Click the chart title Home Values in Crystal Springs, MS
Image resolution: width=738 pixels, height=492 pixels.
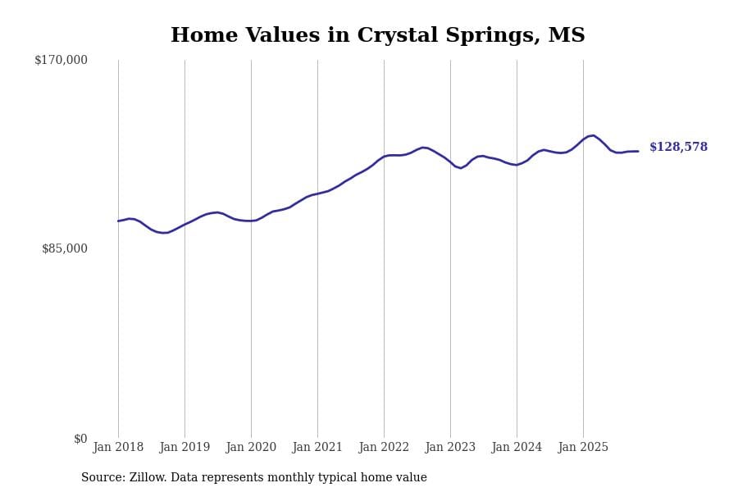(x=377, y=36)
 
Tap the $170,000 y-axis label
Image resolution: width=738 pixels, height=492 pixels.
(x=61, y=60)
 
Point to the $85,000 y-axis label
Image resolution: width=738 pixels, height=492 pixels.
(x=64, y=248)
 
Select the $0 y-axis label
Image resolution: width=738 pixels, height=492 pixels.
(x=80, y=439)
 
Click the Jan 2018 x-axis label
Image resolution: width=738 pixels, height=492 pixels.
(x=118, y=448)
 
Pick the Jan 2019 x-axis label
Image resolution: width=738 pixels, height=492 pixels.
(x=184, y=448)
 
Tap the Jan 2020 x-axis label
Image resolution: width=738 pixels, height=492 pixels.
(x=251, y=448)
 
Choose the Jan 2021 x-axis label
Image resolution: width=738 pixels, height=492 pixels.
(x=317, y=448)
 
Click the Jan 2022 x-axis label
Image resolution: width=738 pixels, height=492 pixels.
(x=384, y=448)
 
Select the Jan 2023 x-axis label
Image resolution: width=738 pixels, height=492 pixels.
(x=450, y=448)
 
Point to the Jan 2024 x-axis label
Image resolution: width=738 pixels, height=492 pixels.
(x=517, y=448)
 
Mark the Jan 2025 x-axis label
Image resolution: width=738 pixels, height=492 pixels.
(x=583, y=448)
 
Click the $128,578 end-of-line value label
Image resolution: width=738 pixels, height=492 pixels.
(x=678, y=148)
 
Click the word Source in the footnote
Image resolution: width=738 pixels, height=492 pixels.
(x=102, y=478)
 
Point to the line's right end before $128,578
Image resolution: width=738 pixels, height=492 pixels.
(x=638, y=152)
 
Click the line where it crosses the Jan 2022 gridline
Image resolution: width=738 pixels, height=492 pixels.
(x=384, y=156)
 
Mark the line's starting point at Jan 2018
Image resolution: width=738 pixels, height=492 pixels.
(x=118, y=221)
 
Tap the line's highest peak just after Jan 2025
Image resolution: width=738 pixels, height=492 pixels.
(x=593, y=135)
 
